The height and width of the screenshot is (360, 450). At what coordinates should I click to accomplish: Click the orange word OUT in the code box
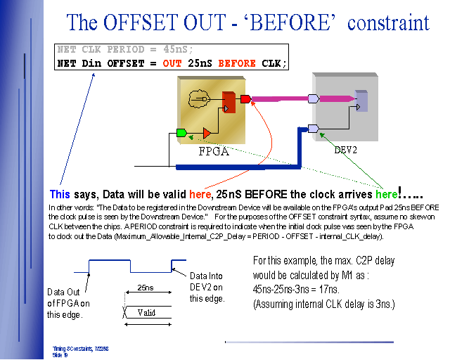[172, 63]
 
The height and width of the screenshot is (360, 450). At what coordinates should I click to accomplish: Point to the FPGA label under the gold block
[214, 150]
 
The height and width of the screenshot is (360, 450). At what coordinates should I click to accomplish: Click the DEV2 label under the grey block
[345, 150]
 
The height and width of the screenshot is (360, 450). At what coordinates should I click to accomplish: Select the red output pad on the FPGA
[245, 98]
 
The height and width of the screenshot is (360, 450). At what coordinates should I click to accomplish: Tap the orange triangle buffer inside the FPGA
[206, 132]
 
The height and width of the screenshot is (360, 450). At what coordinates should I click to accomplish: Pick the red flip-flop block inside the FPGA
[228, 102]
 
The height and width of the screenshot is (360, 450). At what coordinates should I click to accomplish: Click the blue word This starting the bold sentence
[60, 193]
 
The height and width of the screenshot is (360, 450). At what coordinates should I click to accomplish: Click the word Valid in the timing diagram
[147, 312]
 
